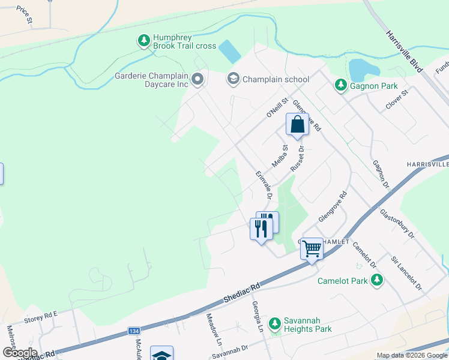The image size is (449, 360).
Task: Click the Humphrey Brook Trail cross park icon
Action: [x=143, y=41]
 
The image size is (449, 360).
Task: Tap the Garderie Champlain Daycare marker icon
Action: [x=197, y=79]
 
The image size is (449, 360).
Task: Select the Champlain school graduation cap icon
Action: [x=232, y=79]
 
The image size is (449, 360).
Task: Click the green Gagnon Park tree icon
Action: [x=341, y=86]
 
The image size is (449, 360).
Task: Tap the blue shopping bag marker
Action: [x=297, y=125]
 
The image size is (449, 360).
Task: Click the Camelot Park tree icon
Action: [x=376, y=280]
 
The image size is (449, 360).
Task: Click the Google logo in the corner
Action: [x=19, y=353]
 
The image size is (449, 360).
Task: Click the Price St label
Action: [x=25, y=15]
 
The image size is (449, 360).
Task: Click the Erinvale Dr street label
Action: [x=264, y=186]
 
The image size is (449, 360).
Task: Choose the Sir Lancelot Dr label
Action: [x=407, y=272]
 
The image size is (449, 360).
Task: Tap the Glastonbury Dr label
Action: [x=397, y=223]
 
